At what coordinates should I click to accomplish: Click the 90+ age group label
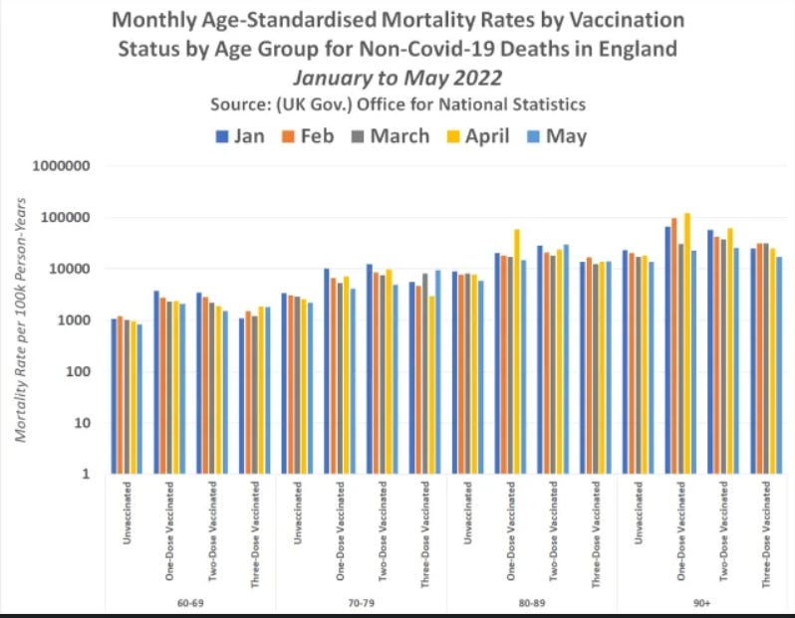tap(702, 603)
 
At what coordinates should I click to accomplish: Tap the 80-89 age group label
tap(532, 603)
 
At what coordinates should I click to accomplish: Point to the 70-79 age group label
tap(361, 603)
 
